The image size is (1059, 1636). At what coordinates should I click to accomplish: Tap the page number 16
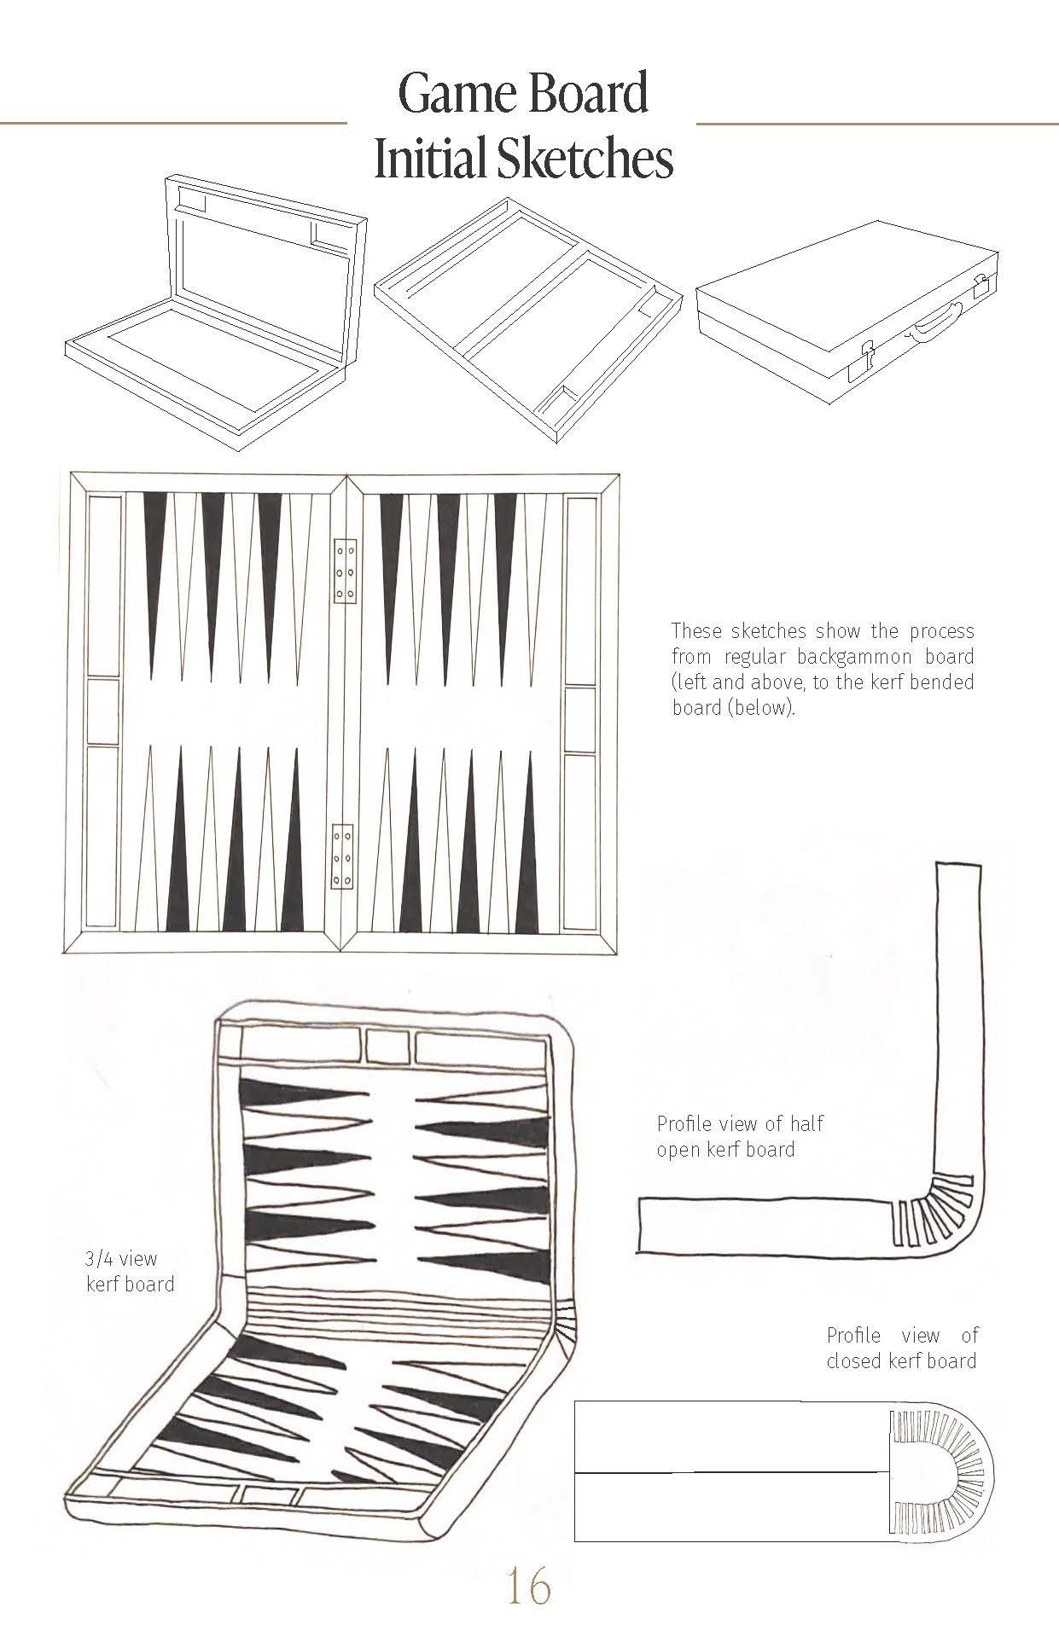coord(528,1587)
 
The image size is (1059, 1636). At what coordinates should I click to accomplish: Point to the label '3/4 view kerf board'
coord(130,1271)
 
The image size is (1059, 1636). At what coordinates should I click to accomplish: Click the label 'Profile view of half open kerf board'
coord(739,1136)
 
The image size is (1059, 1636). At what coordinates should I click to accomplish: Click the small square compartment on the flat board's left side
coord(103,712)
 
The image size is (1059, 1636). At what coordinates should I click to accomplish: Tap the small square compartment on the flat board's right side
coord(579,720)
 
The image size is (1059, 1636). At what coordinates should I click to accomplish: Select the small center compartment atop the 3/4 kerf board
coord(388,1046)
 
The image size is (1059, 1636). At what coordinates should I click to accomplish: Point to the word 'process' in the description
coord(941,631)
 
